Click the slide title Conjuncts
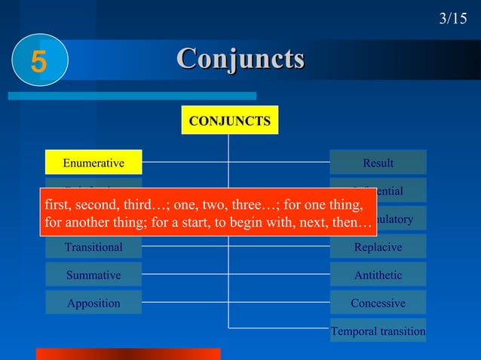240,58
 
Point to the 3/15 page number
452,18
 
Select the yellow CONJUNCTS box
230,121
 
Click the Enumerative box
93,163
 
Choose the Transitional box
93,247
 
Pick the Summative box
93,275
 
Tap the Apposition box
93,303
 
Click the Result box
378,163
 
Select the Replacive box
378,247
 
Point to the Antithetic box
378,275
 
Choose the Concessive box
378,303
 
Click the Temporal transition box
378,331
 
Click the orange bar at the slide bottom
128,354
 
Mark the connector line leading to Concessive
279,303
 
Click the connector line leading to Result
279,162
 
